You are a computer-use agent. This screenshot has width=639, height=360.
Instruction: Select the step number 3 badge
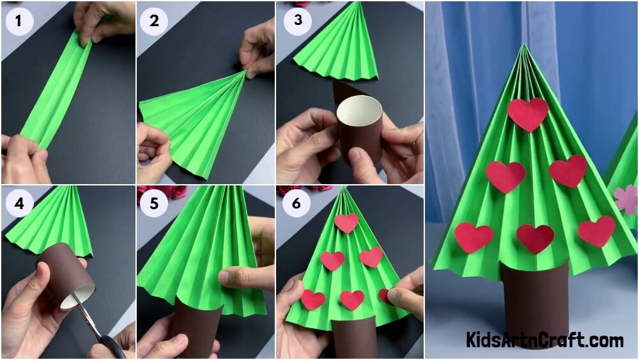[x=298, y=20]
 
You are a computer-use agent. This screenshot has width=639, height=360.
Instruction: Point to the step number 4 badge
[x=19, y=203]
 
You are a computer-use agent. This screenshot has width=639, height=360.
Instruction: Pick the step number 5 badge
[x=153, y=203]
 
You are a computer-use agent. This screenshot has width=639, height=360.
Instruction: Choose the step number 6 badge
[x=296, y=203]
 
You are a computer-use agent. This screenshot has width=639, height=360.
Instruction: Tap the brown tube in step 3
[x=358, y=129]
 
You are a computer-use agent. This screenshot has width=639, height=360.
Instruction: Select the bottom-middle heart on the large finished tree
[x=535, y=238]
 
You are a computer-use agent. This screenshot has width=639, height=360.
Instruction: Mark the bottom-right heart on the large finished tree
[x=597, y=231]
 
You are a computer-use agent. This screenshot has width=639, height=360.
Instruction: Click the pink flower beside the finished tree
[x=626, y=200]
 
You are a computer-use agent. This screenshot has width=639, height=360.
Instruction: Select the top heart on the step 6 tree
[x=346, y=222]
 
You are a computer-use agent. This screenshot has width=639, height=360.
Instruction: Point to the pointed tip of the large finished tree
[x=524, y=45]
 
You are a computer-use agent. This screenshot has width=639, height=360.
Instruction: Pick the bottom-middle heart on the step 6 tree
[x=352, y=300]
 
